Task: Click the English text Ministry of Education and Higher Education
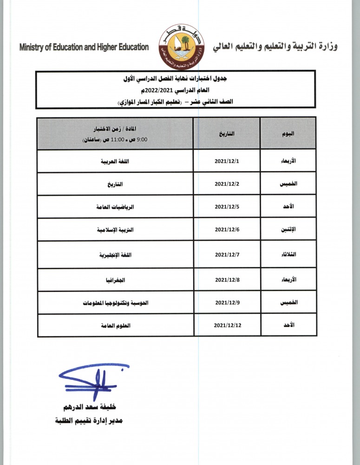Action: click(x=84, y=47)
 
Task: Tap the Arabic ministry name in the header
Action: click(x=275, y=46)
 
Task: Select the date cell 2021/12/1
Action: click(x=227, y=161)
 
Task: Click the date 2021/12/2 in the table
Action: click(x=227, y=184)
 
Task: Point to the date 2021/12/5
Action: click(x=227, y=207)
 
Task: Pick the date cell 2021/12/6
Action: click(x=227, y=230)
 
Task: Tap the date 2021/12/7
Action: click(x=227, y=255)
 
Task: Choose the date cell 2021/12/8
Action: click(x=227, y=280)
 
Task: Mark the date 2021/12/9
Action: click(x=227, y=303)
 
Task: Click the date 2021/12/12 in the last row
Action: click(x=228, y=325)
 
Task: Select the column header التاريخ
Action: click(x=227, y=133)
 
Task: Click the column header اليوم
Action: click(x=288, y=133)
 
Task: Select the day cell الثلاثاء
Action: click(x=288, y=255)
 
